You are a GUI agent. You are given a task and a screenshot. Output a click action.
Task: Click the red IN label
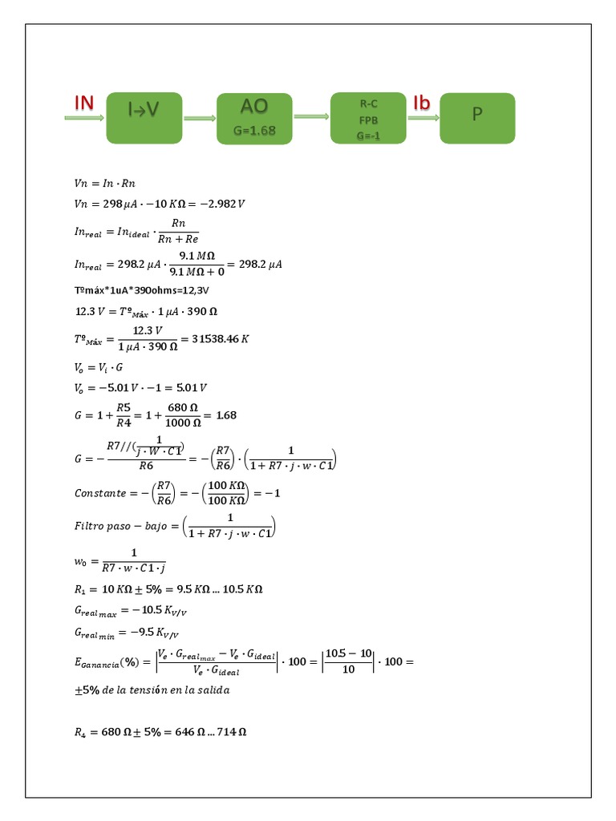click(x=84, y=103)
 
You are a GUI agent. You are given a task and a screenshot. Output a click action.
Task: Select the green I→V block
click(x=144, y=118)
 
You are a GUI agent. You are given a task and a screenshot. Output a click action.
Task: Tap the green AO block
click(x=254, y=118)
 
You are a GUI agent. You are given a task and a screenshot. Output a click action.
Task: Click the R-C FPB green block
click(x=368, y=118)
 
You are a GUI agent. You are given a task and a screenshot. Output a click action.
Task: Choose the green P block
click(x=477, y=118)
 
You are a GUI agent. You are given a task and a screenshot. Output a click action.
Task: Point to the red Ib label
click(x=422, y=103)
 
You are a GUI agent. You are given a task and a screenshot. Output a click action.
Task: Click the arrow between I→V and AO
click(x=200, y=119)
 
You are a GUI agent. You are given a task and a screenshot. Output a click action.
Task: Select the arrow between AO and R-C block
click(x=311, y=117)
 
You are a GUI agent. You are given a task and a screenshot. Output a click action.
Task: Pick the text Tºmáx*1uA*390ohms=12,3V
click(x=136, y=289)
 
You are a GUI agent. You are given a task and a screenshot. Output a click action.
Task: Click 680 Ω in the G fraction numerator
click(x=182, y=407)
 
